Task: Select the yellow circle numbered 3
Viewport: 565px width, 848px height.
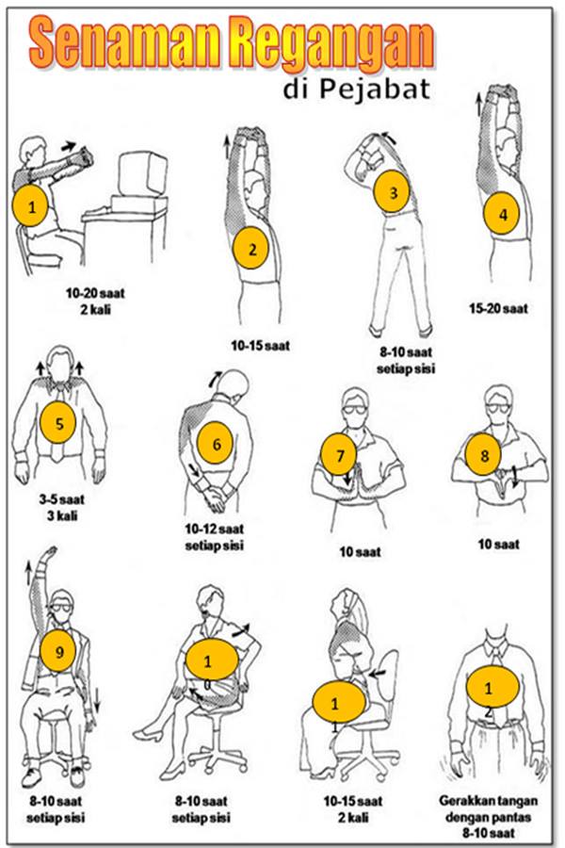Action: click(393, 191)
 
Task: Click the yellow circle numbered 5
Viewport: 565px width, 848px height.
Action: click(59, 422)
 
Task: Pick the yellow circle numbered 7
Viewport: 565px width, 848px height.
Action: click(339, 455)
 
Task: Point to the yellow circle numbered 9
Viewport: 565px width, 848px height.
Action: click(59, 651)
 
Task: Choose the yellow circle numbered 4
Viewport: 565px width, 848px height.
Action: click(503, 214)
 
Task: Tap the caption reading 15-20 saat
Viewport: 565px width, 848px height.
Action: click(498, 309)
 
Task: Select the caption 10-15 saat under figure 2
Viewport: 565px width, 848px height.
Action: click(260, 345)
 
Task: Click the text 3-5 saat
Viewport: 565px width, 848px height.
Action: click(61, 498)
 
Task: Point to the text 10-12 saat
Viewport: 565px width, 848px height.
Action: click(214, 529)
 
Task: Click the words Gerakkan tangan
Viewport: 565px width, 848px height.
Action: click(488, 800)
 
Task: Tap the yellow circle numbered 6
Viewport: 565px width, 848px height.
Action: click(217, 444)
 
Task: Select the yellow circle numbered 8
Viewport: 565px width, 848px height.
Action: click(484, 455)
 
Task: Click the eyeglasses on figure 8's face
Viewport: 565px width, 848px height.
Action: click(498, 407)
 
